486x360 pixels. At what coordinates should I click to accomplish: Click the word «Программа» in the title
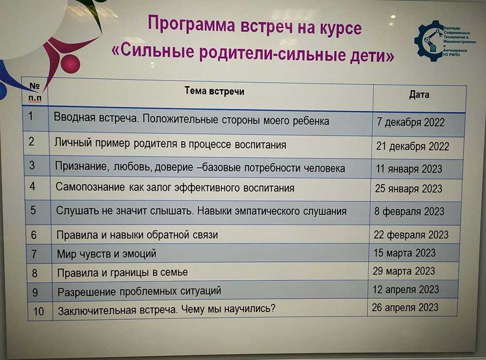pos(191,24)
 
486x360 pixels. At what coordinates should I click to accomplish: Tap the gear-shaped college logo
pos(430,41)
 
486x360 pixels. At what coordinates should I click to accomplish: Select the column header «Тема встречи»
pos(214,91)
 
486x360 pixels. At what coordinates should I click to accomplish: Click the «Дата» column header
pos(419,94)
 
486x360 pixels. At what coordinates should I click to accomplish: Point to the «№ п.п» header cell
pos(35,92)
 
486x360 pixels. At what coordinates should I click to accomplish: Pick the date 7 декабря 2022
pos(411,122)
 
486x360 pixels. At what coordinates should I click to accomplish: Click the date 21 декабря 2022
pos(413,146)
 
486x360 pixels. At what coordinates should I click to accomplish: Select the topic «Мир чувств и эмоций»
pos(106,254)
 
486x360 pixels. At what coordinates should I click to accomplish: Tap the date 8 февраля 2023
pos(409,211)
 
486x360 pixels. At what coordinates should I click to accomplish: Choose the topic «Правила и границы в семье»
pos(122,273)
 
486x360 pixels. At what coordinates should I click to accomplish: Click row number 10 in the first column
pos(38,311)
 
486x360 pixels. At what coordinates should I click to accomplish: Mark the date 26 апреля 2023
pos(405,308)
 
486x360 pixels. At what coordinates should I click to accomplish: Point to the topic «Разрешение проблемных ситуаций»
pos(139,291)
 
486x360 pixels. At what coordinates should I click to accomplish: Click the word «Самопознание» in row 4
pos(90,187)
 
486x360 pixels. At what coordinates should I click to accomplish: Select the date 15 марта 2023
pos(404,253)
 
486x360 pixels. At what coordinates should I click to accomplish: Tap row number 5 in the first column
pos(33,210)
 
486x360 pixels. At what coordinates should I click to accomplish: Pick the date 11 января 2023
pos(409,169)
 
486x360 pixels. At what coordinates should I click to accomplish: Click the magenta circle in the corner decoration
pos(70,63)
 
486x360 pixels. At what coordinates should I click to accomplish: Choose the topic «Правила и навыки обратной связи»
pos(138,235)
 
